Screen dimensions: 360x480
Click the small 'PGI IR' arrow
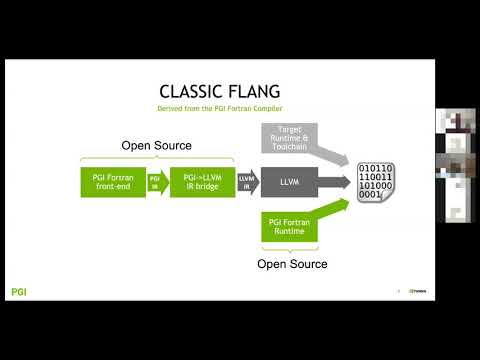tap(156, 182)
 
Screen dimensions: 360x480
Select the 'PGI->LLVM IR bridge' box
tap(202, 182)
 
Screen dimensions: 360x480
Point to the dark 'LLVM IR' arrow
tap(246, 182)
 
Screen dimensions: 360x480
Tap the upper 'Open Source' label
tap(156, 145)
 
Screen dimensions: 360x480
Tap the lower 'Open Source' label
tap(294, 264)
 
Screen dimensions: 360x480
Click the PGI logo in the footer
tap(18, 292)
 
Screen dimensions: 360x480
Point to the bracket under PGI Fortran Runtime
tap(294, 249)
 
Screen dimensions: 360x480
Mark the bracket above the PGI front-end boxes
tap(156, 160)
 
